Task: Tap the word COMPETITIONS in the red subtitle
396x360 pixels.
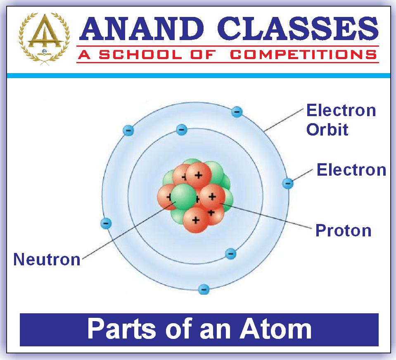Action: [303, 55]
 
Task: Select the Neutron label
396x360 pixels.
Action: [47, 259]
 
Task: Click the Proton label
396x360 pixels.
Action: [343, 230]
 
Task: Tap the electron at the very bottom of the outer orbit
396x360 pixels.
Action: [204, 289]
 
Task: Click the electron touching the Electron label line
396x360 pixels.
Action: [288, 183]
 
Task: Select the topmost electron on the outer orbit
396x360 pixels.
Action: [237, 111]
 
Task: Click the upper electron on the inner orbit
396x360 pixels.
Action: [181, 130]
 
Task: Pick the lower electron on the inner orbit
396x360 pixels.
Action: [231, 253]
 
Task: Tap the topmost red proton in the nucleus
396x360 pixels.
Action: [199, 175]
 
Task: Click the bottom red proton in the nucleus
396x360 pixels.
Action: [195, 219]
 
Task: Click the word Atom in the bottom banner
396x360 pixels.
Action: [275, 329]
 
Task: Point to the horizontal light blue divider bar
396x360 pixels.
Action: [198, 76]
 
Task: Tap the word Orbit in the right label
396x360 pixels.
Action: [327, 129]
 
